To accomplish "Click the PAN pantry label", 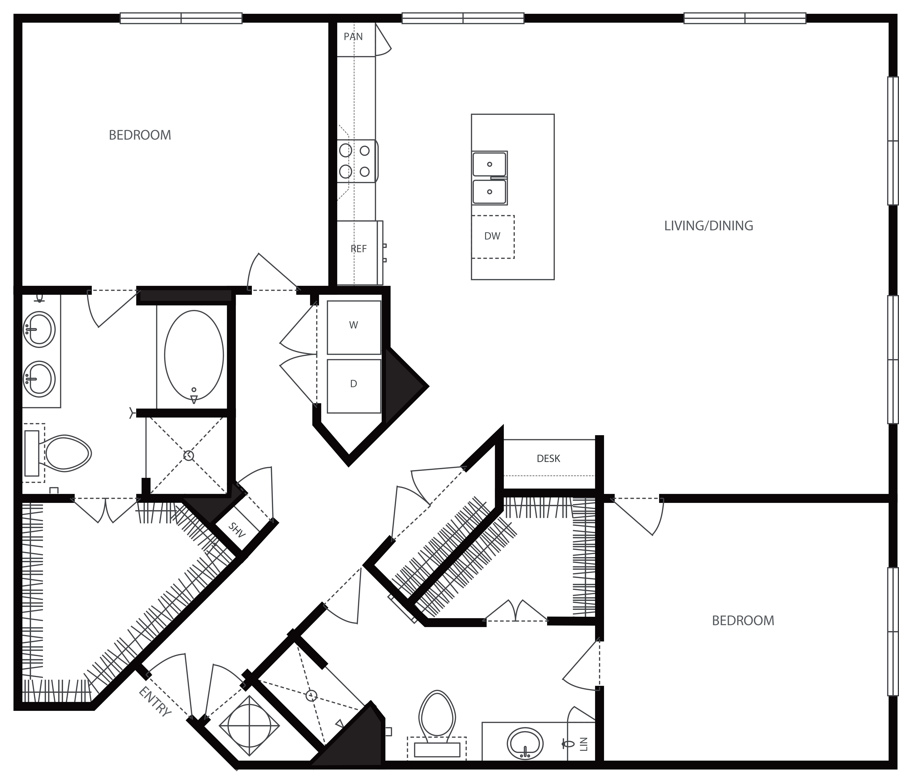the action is pyautogui.click(x=353, y=37).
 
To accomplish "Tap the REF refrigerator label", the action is pyautogui.click(x=358, y=249).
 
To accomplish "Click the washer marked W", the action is pyautogui.click(x=354, y=327).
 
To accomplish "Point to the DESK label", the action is pyautogui.click(x=548, y=458).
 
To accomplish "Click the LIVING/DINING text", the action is pyautogui.click(x=708, y=226).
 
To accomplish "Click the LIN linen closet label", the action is pyautogui.click(x=584, y=744).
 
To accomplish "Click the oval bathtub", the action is pyautogui.click(x=194, y=355).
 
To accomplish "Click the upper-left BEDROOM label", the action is pyautogui.click(x=140, y=135).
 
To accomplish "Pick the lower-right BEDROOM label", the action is pyautogui.click(x=743, y=620).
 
